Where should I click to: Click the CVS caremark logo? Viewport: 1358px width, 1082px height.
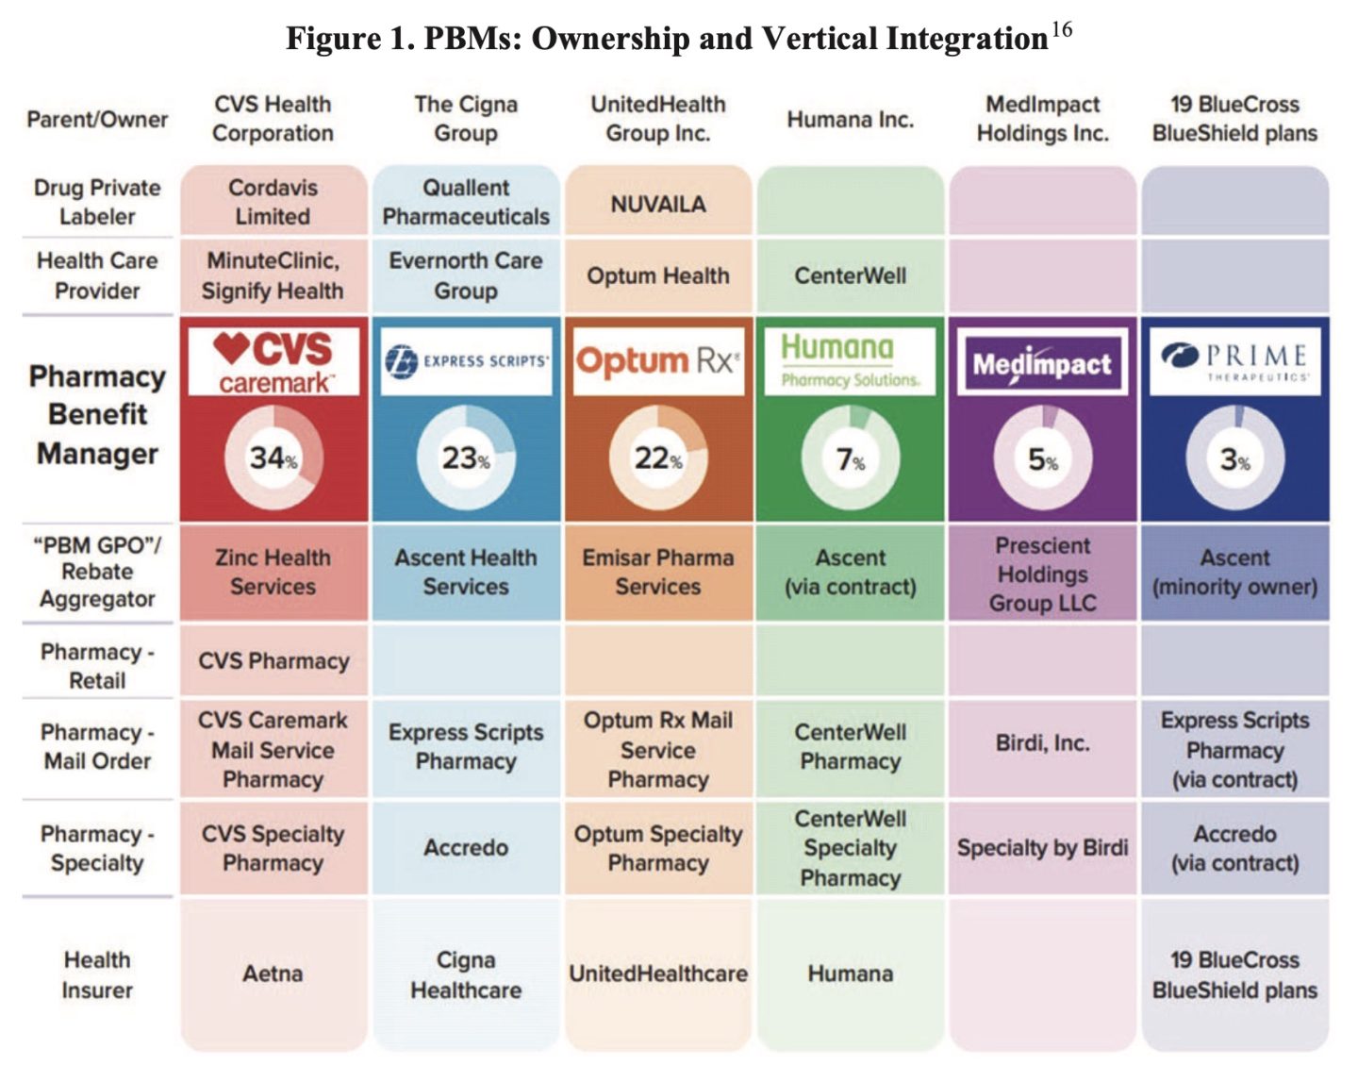pyautogui.click(x=273, y=361)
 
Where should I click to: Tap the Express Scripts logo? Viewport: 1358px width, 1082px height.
pyautogui.click(x=466, y=361)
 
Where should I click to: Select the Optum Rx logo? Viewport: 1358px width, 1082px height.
pyautogui.click(x=658, y=361)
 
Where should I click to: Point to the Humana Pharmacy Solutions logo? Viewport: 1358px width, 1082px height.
pyautogui.click(x=850, y=361)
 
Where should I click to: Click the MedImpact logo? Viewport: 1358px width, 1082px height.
pyautogui.click(x=1042, y=361)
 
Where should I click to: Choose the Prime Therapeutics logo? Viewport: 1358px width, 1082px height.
pyautogui.click(x=1235, y=361)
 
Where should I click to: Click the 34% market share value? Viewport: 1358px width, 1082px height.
pyautogui.click(x=273, y=458)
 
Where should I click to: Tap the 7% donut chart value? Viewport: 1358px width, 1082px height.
pyautogui.click(x=850, y=459)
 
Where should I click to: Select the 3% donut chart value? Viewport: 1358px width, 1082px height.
pyautogui.click(x=1235, y=459)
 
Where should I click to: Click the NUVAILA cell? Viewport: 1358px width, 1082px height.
pyautogui.click(x=658, y=204)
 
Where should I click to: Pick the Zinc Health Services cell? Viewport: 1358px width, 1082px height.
pyautogui.click(x=273, y=572)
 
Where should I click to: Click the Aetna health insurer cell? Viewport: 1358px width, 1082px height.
pyautogui.click(x=273, y=974)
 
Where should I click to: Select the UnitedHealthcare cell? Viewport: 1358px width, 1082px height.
pyautogui.click(x=658, y=974)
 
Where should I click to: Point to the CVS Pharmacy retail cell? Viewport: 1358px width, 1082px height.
pyautogui.click(x=273, y=661)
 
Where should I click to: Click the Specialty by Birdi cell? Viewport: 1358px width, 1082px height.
pyautogui.click(x=1042, y=848)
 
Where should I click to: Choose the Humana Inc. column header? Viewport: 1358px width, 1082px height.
pyautogui.click(x=850, y=119)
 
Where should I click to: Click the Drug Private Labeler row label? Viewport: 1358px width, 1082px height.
pyautogui.click(x=97, y=202)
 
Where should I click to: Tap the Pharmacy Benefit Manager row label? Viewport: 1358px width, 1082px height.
pyautogui.click(x=97, y=415)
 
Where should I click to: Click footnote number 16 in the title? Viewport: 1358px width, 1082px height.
pyautogui.click(x=1062, y=29)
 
